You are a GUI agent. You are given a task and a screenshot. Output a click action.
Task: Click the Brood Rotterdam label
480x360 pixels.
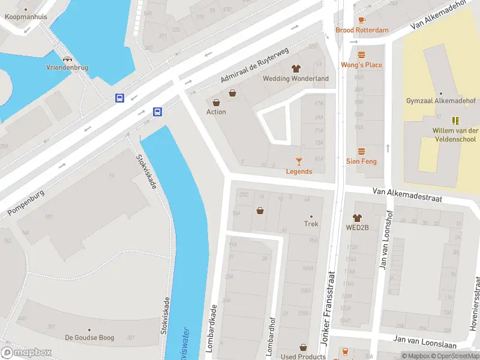click(x=362, y=30)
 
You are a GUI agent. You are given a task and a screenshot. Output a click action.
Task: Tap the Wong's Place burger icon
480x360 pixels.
click(x=361, y=55)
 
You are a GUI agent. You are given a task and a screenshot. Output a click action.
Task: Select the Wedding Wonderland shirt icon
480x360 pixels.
click(x=296, y=69)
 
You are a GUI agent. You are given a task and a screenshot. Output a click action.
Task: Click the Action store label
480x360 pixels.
click(x=216, y=112)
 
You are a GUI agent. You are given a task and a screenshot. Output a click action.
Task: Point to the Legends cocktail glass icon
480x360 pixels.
click(x=299, y=161)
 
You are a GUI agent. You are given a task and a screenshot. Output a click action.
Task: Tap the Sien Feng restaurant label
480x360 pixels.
click(x=361, y=161)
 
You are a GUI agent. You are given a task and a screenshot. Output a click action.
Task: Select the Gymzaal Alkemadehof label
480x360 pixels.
click(x=440, y=101)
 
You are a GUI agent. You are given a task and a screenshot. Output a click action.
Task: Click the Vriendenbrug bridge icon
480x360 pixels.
click(x=67, y=59)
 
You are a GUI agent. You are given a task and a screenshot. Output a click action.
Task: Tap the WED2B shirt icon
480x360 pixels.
click(x=357, y=218)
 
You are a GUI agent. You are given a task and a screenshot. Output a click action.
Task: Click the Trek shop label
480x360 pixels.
click(x=311, y=224)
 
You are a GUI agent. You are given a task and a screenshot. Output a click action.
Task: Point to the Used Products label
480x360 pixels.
click(x=303, y=356)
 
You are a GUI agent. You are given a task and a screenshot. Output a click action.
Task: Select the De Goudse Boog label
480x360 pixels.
click(x=89, y=338)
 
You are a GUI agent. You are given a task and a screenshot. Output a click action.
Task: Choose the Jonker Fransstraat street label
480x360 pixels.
click(x=328, y=306)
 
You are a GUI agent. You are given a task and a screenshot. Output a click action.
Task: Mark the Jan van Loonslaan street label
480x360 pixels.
click(x=423, y=341)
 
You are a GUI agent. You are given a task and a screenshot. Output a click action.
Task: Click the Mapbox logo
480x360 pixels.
click(x=26, y=353)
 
